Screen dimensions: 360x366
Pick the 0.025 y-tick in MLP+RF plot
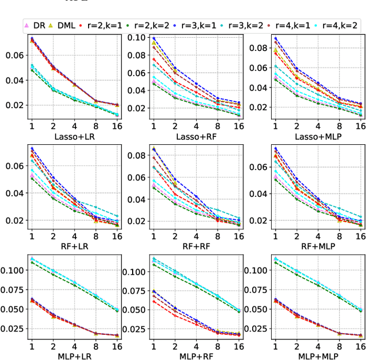tap(132, 329)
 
